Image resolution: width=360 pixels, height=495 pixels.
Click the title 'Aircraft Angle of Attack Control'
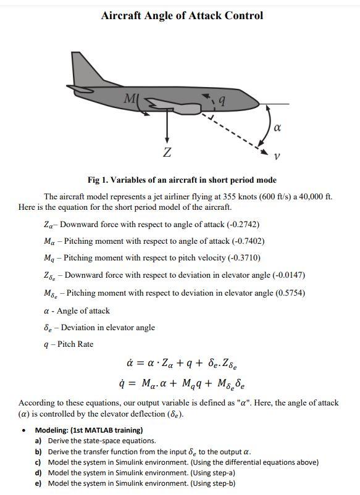click(182, 15)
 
